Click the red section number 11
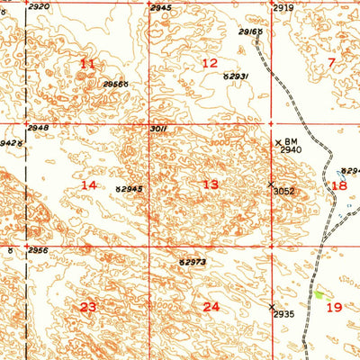[87, 63]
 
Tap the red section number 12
[210, 63]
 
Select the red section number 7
[331, 62]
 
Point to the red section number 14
[88, 184]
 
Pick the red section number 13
[210, 184]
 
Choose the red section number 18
[338, 185]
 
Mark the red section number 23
[87, 307]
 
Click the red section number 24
[211, 307]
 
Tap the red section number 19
[334, 307]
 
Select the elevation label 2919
[283, 7]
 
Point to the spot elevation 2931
[238, 78]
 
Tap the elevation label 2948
[39, 129]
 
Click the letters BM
[291, 141]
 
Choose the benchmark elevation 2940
[292, 150]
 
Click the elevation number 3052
[285, 191]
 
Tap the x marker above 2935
[273, 307]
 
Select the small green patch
[319, 293]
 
